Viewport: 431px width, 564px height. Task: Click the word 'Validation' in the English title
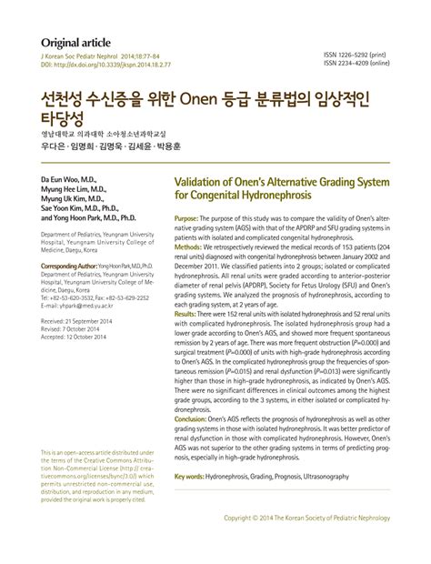coord(203,180)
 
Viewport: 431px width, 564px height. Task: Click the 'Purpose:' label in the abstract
coord(185,221)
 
